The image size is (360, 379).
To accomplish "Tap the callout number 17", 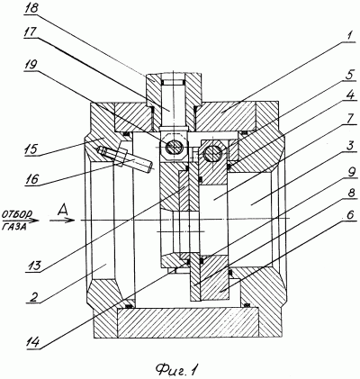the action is pyautogui.click(x=31, y=32).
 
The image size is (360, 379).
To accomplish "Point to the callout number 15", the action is pyautogui.click(x=31, y=149).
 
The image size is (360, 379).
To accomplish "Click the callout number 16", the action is pyautogui.click(x=31, y=179).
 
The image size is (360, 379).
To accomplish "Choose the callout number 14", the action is pyautogui.click(x=33, y=341).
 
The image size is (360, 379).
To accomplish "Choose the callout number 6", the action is pyautogui.click(x=350, y=215).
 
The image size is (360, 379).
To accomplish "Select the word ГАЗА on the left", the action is pyautogui.click(x=14, y=228).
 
